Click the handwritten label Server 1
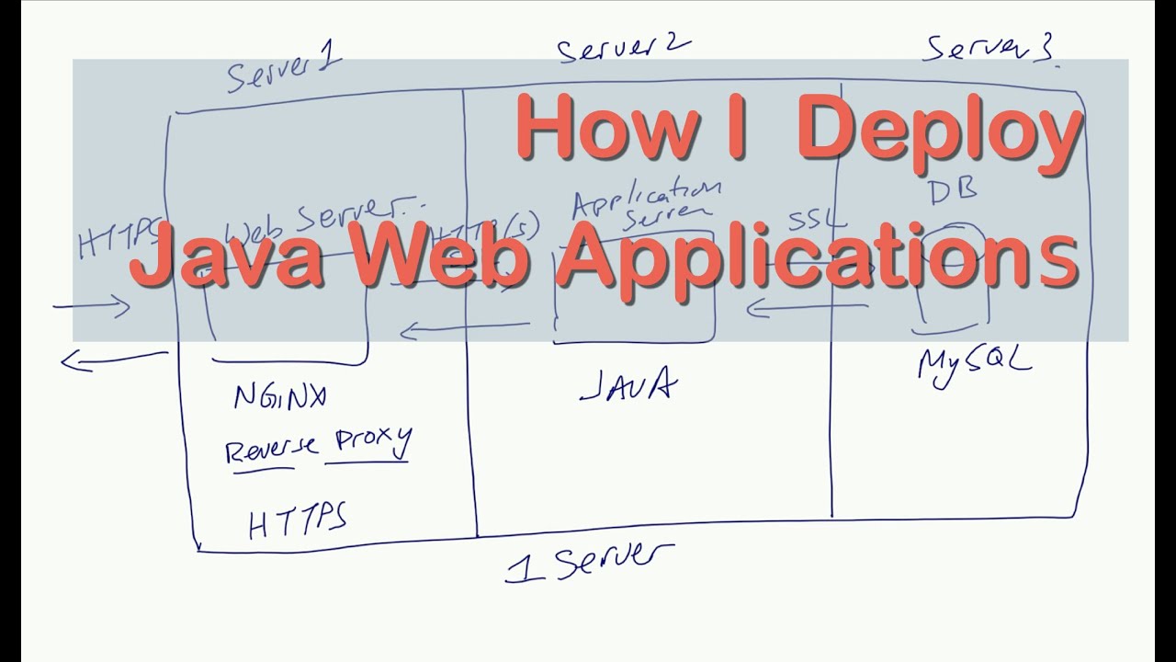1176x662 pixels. coord(283,70)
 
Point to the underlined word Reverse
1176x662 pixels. coord(272,450)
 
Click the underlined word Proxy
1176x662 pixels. coord(372,442)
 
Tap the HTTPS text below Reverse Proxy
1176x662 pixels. coord(297,521)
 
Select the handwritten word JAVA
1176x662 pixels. coord(628,385)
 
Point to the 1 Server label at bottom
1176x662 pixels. coord(588,560)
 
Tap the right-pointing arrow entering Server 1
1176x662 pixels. coord(92,307)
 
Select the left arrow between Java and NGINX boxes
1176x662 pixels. coord(465,325)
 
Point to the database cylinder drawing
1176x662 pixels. coord(950,278)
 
